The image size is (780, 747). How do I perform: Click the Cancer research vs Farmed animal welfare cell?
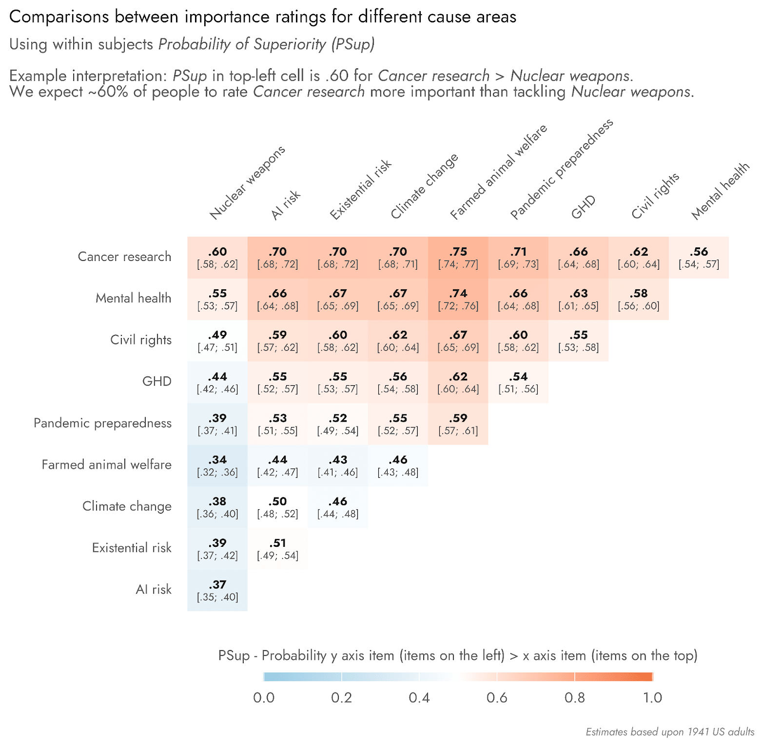pyautogui.click(x=458, y=258)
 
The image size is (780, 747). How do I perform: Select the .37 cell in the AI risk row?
pyautogui.click(x=217, y=590)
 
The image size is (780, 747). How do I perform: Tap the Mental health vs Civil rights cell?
pyautogui.click(x=639, y=299)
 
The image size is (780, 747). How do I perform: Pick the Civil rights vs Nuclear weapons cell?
pyautogui.click(x=217, y=340)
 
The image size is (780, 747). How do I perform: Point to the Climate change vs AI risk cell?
pyautogui.click(x=277, y=507)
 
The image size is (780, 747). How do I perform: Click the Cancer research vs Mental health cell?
pyautogui.click(x=699, y=258)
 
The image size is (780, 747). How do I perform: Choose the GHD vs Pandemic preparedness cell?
pyautogui.click(x=518, y=382)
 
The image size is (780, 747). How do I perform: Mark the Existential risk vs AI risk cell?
pyautogui.click(x=277, y=548)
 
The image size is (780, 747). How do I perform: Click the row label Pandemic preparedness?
pyautogui.click(x=102, y=423)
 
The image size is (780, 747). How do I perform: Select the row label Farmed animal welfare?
pyautogui.click(x=106, y=465)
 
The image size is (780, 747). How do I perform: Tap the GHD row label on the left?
pyautogui.click(x=156, y=381)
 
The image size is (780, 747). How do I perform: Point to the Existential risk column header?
pyautogui.click(x=360, y=190)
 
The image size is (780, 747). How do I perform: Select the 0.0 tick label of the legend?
pyautogui.click(x=264, y=698)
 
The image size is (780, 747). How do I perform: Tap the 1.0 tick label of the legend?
pyautogui.click(x=652, y=698)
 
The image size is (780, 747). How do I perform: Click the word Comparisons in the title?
pyautogui.click(x=59, y=17)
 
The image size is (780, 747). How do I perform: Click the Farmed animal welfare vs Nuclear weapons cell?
pyautogui.click(x=217, y=466)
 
